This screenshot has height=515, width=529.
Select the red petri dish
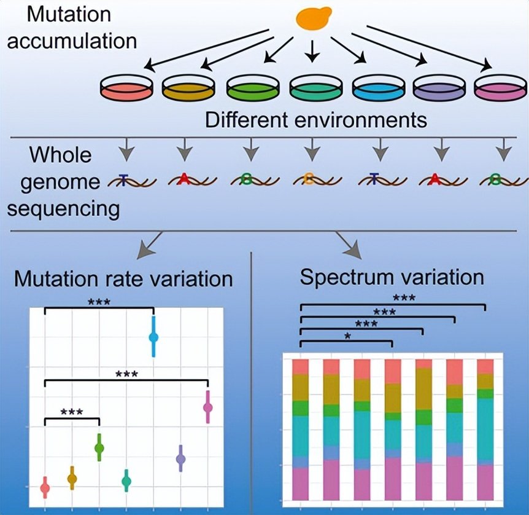pos(126,88)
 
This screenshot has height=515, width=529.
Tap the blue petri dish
pos(377,88)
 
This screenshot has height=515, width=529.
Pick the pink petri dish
pos(501,88)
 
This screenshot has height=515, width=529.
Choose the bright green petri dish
pos(252,88)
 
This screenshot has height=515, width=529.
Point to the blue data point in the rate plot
pos(153,337)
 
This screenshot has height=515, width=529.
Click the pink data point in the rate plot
pos(208,407)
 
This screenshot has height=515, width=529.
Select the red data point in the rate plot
pos(45,489)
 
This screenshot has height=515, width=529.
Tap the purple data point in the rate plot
pos(180,458)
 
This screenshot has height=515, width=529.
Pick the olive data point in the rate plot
pos(72,479)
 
